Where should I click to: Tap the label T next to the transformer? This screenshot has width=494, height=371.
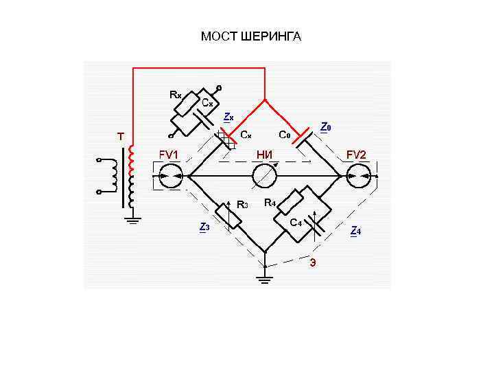(x=120, y=137)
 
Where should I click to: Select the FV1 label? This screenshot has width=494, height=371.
(x=169, y=155)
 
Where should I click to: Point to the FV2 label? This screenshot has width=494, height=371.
(x=357, y=155)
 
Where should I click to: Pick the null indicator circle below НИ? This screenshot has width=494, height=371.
(x=263, y=177)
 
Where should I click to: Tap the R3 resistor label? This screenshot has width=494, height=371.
(x=242, y=204)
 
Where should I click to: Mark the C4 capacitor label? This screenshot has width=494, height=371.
(x=296, y=223)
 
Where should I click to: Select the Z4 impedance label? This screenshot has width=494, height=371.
(x=355, y=231)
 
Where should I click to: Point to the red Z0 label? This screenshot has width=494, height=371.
(x=326, y=127)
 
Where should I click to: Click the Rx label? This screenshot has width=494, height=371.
(x=176, y=95)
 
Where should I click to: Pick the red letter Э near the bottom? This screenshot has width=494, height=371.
(x=313, y=262)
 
